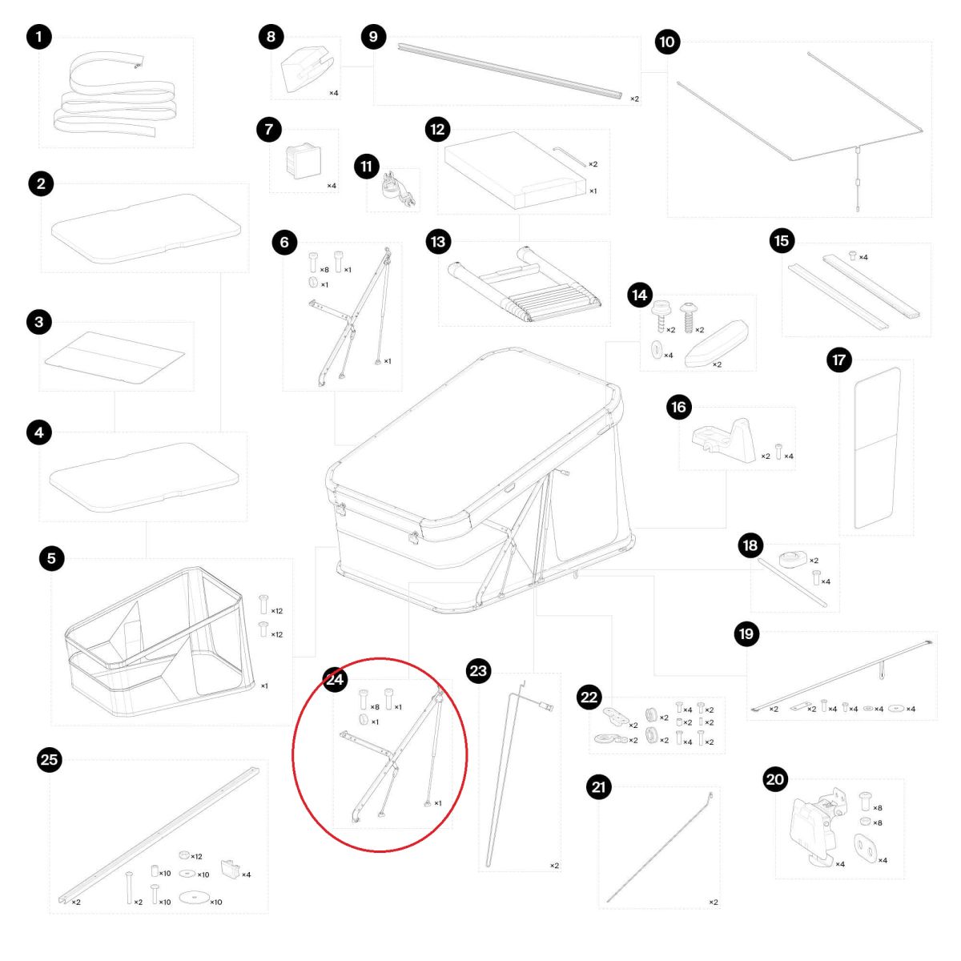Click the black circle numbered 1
[39, 37]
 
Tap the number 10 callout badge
[667, 42]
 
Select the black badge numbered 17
[838, 360]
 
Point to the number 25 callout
[50, 759]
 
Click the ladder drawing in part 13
[525, 285]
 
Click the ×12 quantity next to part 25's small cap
[196, 856]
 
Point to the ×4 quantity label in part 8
[334, 93]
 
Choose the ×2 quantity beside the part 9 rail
[634, 99]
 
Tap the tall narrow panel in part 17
[876, 448]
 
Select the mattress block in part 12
[515, 171]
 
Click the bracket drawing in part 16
[724, 440]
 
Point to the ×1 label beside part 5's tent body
[264, 686]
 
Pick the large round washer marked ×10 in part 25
[194, 896]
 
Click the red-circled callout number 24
[335, 679]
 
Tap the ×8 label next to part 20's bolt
[877, 807]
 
